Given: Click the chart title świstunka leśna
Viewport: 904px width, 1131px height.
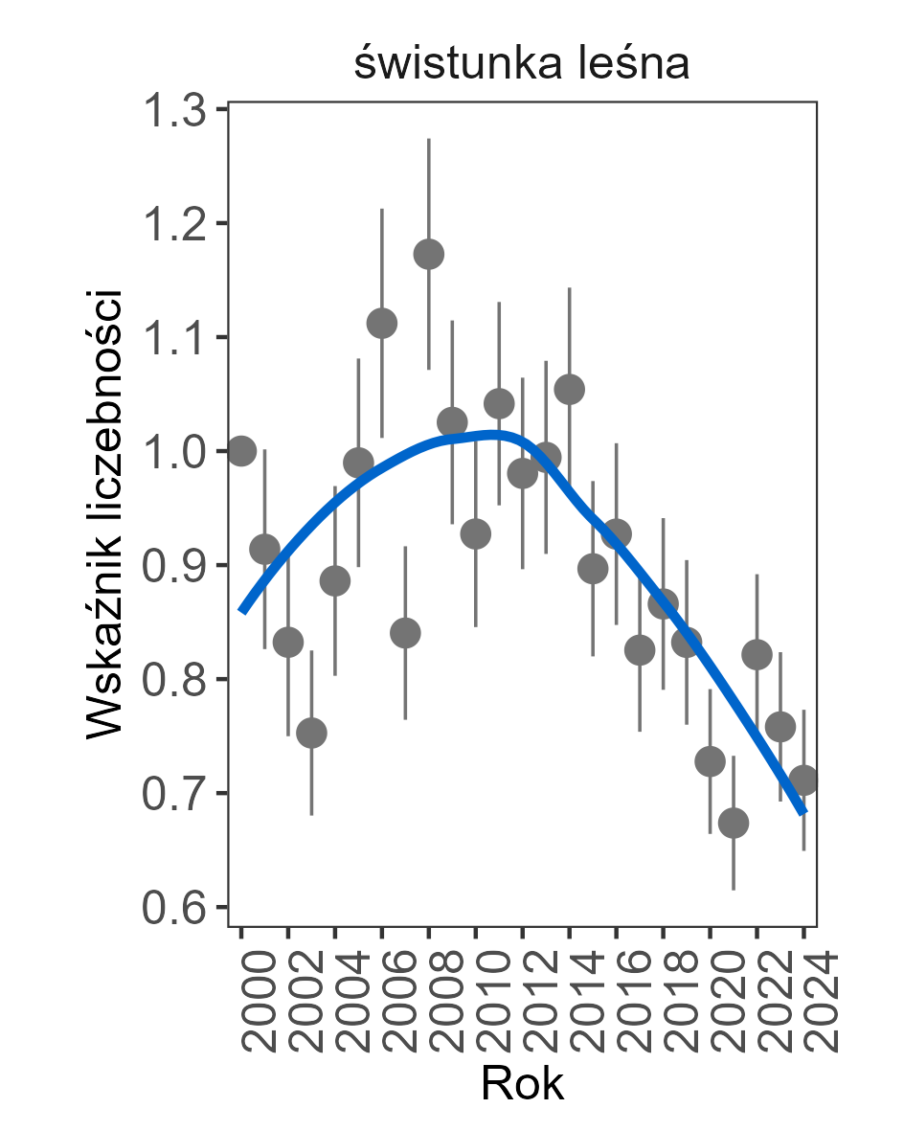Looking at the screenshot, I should pyautogui.click(x=522, y=65).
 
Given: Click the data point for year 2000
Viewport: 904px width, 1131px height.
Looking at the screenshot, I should pyautogui.click(x=241, y=450).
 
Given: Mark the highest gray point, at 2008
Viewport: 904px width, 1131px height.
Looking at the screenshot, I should pyautogui.click(x=428, y=254).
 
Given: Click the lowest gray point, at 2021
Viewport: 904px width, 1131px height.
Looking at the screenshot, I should pyautogui.click(x=734, y=823).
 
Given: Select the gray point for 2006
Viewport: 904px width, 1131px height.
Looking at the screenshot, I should pyautogui.click(x=381, y=324).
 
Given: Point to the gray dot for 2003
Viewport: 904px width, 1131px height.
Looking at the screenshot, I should pyautogui.click(x=311, y=733).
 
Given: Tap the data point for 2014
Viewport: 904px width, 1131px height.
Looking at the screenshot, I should pyautogui.click(x=569, y=390).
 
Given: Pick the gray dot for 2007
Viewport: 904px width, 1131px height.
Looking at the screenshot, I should pyautogui.click(x=405, y=633).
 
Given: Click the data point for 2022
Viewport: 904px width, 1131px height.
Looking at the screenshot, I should pyautogui.click(x=757, y=655).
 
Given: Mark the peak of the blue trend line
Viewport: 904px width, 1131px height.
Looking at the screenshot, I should pyautogui.click(x=494, y=435).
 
